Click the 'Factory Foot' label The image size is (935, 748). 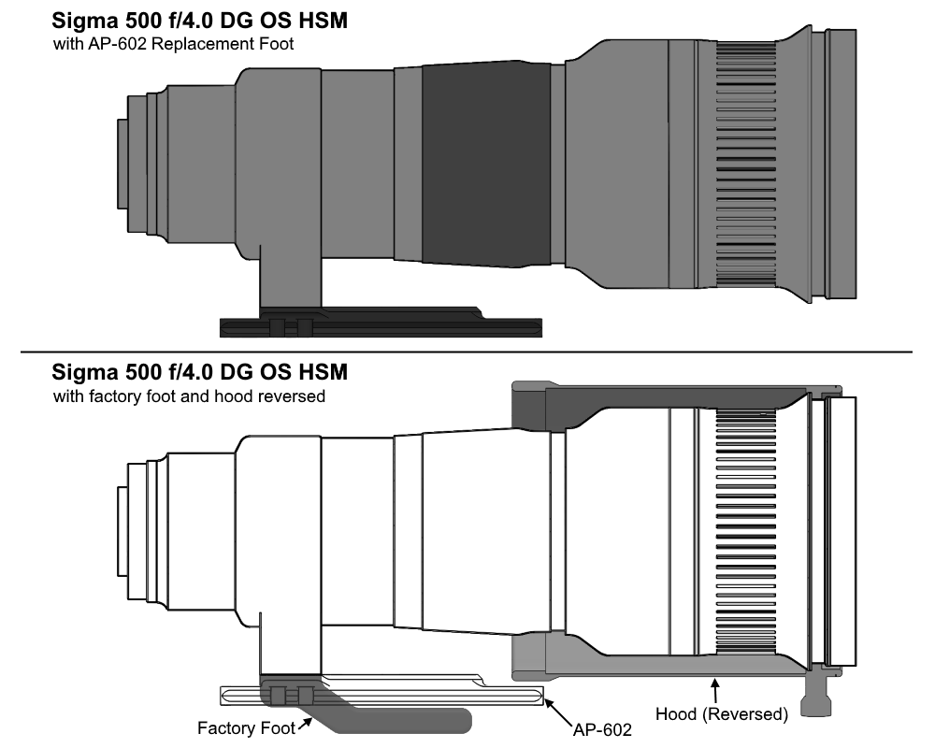(246, 727)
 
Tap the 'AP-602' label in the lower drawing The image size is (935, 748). (601, 729)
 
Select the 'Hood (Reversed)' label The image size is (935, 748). (722, 714)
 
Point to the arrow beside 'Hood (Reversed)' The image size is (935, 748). (715, 691)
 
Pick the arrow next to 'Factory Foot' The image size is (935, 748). (305, 724)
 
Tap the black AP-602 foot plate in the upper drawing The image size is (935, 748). (381, 327)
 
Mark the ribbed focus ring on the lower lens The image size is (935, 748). (746, 531)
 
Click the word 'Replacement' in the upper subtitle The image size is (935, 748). (200, 45)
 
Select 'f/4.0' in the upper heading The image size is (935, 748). (184, 21)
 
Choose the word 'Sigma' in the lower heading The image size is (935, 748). (86, 373)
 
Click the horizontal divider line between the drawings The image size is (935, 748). (467, 352)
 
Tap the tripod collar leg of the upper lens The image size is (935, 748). (291, 278)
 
